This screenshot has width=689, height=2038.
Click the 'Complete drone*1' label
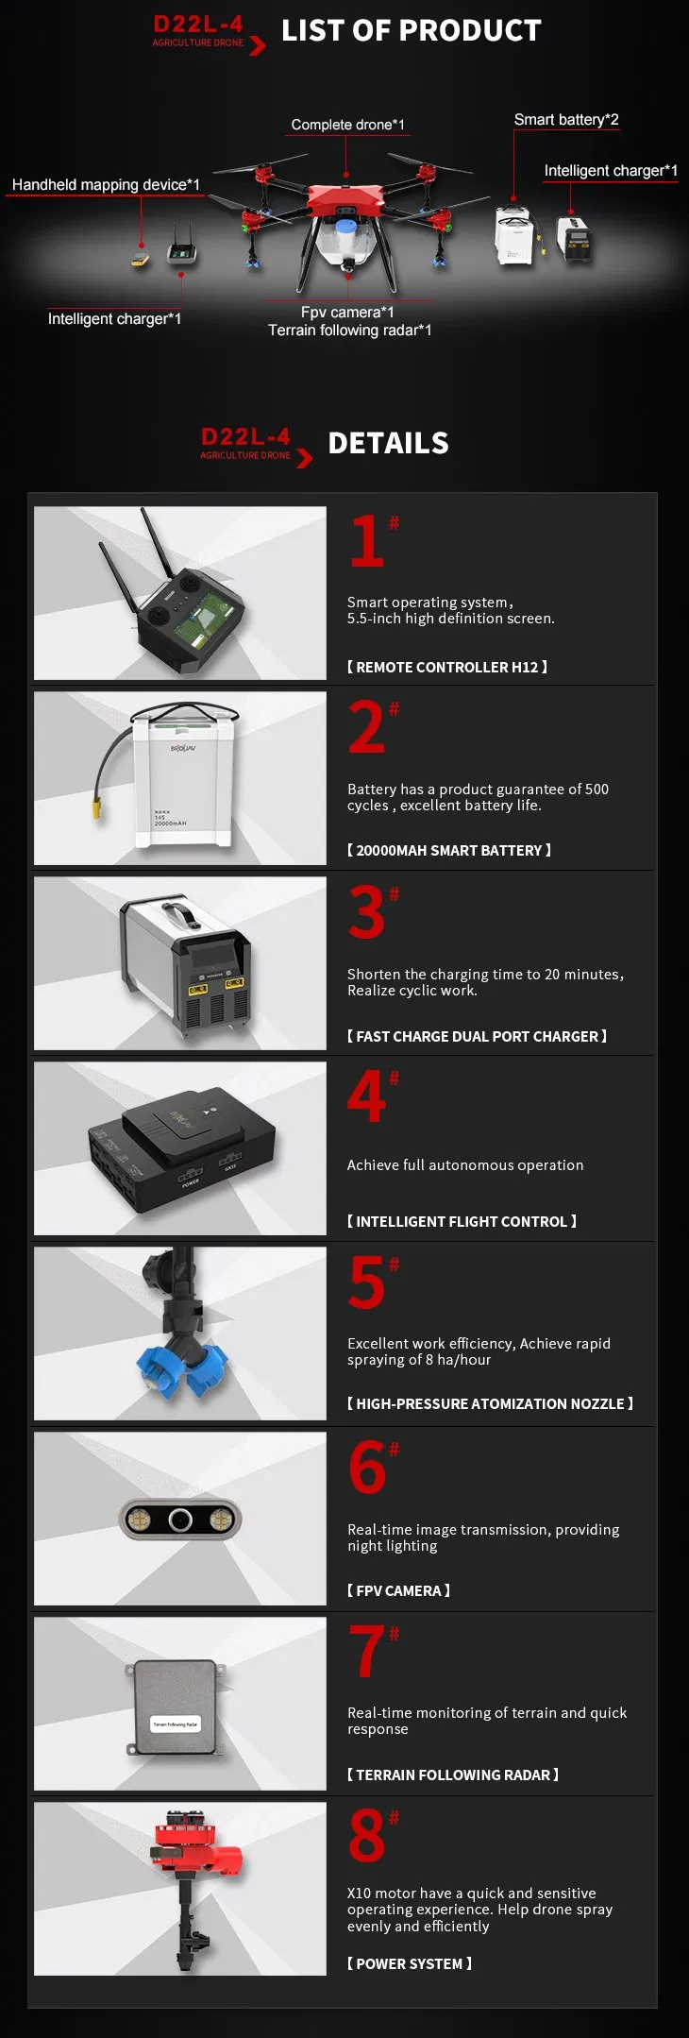pyautogui.click(x=347, y=125)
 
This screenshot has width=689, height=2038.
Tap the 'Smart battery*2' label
pyautogui.click(x=566, y=120)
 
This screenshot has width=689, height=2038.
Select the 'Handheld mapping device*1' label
pyautogui.click(x=106, y=185)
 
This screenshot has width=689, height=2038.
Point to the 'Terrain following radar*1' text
pyautogui.click(x=349, y=331)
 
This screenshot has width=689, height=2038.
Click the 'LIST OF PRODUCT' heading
pyautogui.click(x=412, y=30)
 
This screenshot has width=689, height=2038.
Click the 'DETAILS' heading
pyautogui.click(x=388, y=443)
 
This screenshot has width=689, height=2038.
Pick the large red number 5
pyautogui.click(x=367, y=1282)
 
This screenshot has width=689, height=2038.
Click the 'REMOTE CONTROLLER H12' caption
pyautogui.click(x=447, y=667)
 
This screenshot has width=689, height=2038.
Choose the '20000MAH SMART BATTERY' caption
pyautogui.click(x=449, y=850)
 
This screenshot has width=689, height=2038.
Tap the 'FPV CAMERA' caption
pyautogui.click(x=398, y=1590)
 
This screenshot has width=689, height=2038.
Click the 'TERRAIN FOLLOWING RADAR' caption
pyautogui.click(x=453, y=1775)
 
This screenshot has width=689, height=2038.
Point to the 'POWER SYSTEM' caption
pyautogui.click(x=410, y=1963)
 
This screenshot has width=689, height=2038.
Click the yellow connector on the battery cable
pyautogui.click(x=96, y=809)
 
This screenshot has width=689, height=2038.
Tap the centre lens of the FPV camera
pyautogui.click(x=180, y=1520)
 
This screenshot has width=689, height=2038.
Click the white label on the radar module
pyautogui.click(x=176, y=1724)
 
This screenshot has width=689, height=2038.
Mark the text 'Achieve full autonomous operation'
pyautogui.click(x=465, y=1165)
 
